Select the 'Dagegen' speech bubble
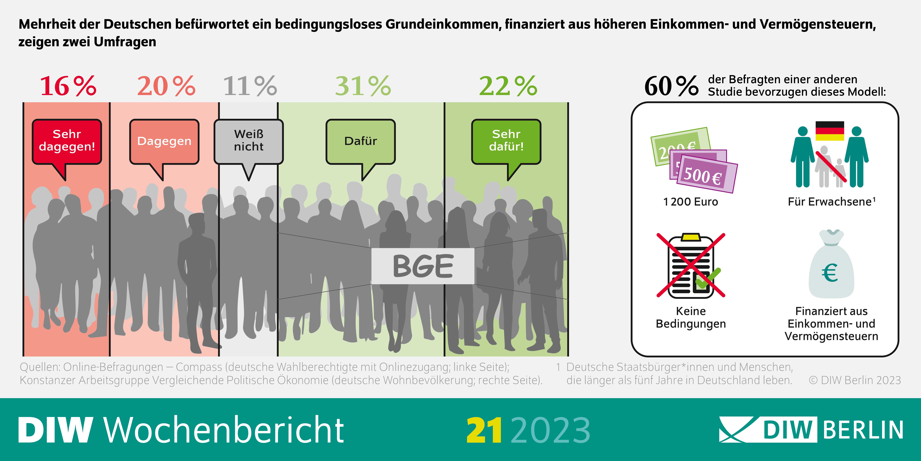tap(164, 141)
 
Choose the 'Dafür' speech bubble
tap(360, 141)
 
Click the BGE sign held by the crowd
tap(423, 266)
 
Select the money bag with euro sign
tap(831, 267)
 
